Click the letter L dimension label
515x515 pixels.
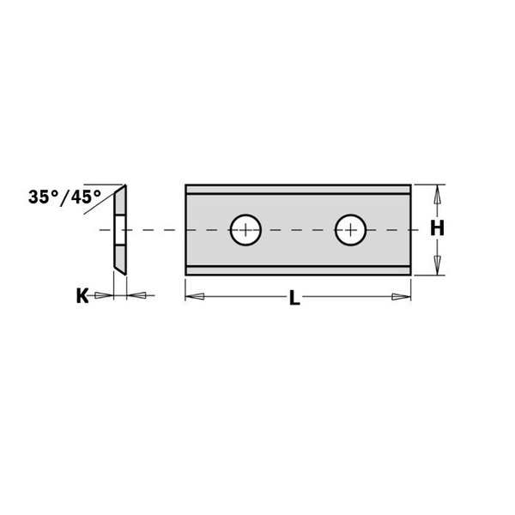pyautogui.click(x=294, y=299)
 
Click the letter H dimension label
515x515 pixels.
pyautogui.click(x=437, y=229)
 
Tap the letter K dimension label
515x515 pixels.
pyautogui.click(x=82, y=296)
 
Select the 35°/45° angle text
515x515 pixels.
pyautogui.click(x=64, y=196)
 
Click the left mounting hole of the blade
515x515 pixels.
pyautogui.click(x=246, y=229)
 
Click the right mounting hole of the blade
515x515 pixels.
pyautogui.click(x=351, y=229)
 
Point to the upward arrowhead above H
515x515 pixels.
pyautogui.click(x=437, y=195)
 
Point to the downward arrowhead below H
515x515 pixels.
pyautogui.click(x=437, y=264)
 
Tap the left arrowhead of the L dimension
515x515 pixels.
pyautogui.click(x=195, y=298)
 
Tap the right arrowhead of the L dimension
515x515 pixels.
pyautogui.click(x=401, y=298)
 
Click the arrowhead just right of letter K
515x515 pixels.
pyautogui.click(x=103, y=296)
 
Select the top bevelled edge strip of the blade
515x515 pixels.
pyautogui.click(x=298, y=189)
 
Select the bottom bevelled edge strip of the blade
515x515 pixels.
pyautogui.click(x=298, y=270)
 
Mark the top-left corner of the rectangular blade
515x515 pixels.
pyautogui.click(x=186, y=185)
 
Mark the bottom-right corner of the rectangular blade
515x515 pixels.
pyautogui.click(x=411, y=274)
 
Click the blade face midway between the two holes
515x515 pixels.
pyautogui.click(x=299, y=229)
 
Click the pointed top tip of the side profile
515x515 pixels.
pyautogui.click(x=125, y=185)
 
